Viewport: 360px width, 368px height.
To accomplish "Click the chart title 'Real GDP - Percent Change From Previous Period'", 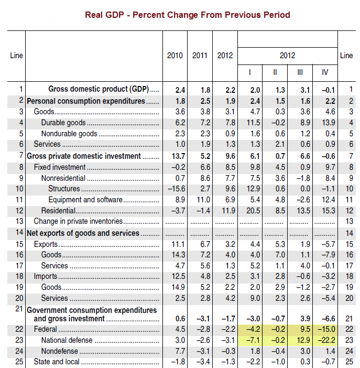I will (x=187, y=15).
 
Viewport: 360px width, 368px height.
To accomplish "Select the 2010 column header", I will (x=175, y=56).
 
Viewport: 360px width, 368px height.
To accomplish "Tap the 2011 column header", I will (x=200, y=56).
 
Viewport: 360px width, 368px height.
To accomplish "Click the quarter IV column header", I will (x=325, y=71).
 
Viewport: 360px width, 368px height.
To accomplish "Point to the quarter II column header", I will (x=275, y=71).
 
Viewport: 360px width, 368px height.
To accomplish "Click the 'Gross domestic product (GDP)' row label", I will (x=100, y=90).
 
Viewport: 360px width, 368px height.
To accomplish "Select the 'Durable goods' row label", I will (x=63, y=123).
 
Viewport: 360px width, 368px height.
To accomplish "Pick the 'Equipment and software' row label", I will (x=85, y=200).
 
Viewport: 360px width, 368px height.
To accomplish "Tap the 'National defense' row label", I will (x=67, y=340).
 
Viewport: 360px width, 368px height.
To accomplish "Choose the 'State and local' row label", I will (x=56, y=362).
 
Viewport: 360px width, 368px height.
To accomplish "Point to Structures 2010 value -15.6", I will (x=174, y=189).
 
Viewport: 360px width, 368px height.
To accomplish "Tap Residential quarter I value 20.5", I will (x=250, y=211).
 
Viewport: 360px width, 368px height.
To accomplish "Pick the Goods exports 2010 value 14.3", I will (x=175, y=255).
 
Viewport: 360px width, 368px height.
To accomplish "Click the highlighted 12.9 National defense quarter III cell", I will (x=300, y=340).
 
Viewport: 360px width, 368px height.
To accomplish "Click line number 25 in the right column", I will (x=346, y=362).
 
